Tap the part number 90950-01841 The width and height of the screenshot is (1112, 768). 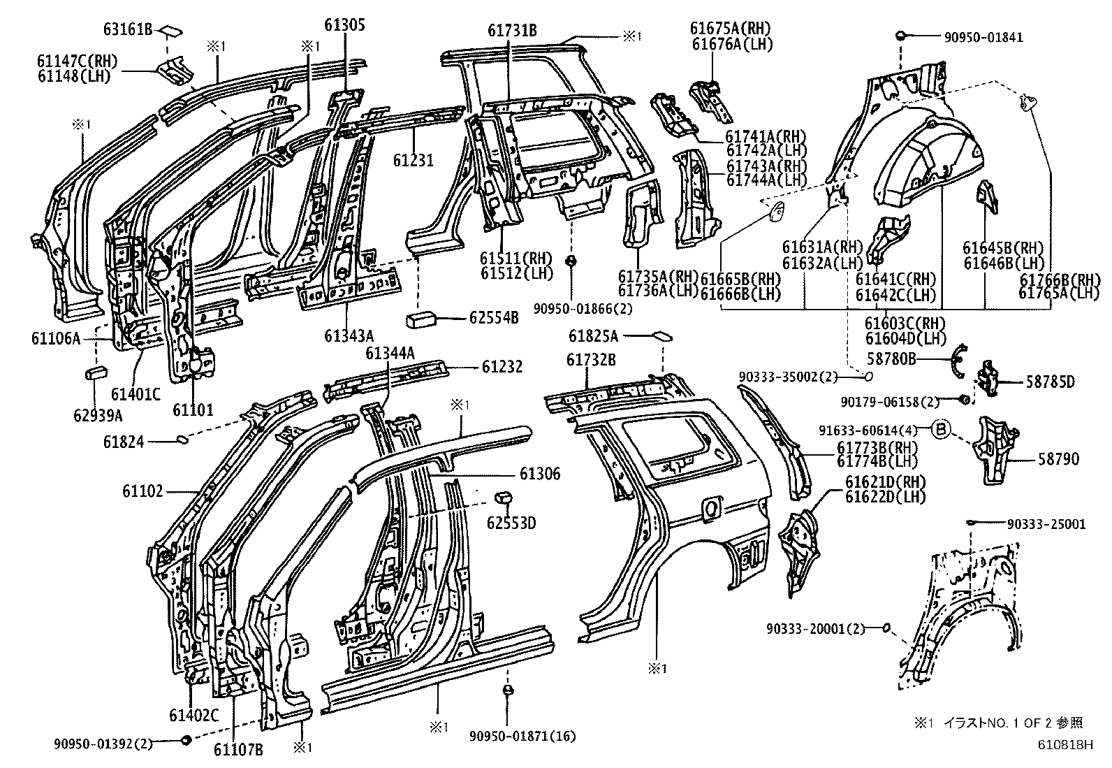[985, 37]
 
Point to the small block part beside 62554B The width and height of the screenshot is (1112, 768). [422, 319]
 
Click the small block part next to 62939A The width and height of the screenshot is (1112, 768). [95, 372]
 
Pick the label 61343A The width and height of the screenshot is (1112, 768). [349, 336]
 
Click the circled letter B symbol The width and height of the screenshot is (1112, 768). [940, 431]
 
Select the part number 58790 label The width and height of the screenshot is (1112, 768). [1058, 459]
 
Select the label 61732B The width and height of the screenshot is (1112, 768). [591, 359]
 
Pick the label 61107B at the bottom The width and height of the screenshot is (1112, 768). [238, 750]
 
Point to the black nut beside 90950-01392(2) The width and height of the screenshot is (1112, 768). [186, 740]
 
